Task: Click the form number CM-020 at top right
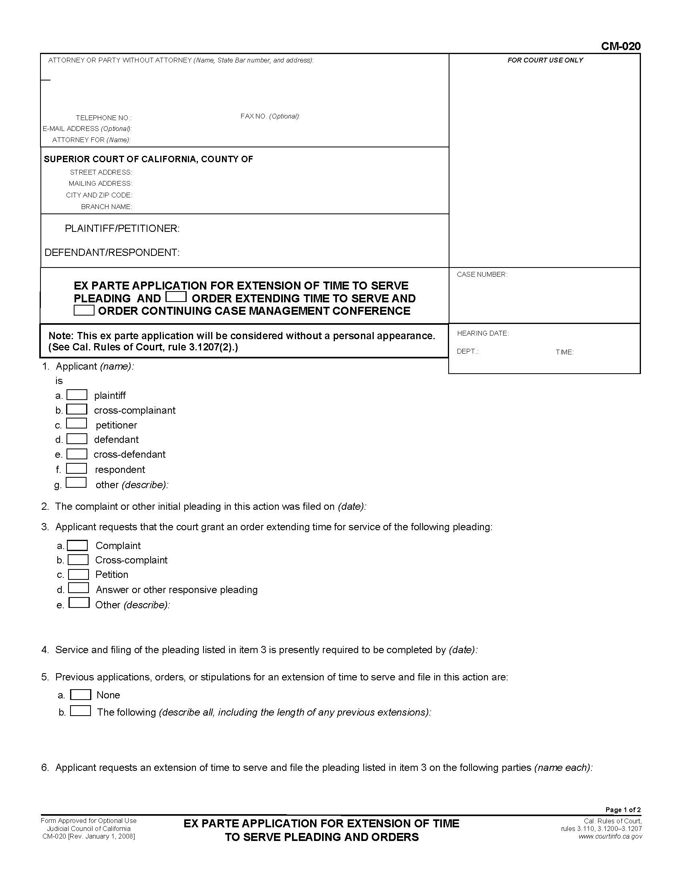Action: click(620, 46)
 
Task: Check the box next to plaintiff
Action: click(77, 395)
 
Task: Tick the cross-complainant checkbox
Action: click(77, 409)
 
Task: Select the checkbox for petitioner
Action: click(77, 424)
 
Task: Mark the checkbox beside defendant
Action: click(77, 439)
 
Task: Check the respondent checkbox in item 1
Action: click(77, 469)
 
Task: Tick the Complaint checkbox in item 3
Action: click(77, 545)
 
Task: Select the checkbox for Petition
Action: click(78, 574)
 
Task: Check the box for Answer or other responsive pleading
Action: click(78, 589)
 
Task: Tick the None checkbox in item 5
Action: click(81, 695)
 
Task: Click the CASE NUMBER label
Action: click(482, 274)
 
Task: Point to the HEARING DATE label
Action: click(483, 333)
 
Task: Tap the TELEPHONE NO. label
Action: click(104, 118)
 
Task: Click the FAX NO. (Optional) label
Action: click(270, 116)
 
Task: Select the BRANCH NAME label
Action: click(107, 207)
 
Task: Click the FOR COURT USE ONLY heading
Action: click(545, 60)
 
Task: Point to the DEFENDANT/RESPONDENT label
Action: click(112, 253)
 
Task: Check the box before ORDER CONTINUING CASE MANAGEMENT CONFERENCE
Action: click(84, 311)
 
